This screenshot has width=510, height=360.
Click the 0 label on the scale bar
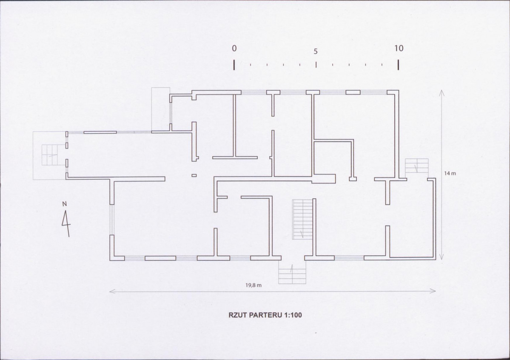[234, 49]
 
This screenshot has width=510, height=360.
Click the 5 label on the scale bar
[316, 51]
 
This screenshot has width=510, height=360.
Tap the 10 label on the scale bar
[399, 49]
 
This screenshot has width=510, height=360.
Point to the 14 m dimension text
[450, 174]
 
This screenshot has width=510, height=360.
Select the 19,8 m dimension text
[254, 285]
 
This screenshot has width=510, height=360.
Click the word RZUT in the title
[237, 315]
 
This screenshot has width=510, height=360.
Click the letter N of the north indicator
[64, 204]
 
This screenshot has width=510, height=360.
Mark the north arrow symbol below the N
[66, 223]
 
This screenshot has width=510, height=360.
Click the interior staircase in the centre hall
[303, 219]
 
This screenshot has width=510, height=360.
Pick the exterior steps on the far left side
[50, 155]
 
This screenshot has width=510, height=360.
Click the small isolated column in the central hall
[194, 175]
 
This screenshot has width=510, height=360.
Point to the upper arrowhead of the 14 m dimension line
[442, 92]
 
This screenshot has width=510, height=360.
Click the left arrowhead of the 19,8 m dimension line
[111, 291]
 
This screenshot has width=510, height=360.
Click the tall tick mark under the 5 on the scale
[316, 64]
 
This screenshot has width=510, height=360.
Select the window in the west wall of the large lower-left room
[111, 220]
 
